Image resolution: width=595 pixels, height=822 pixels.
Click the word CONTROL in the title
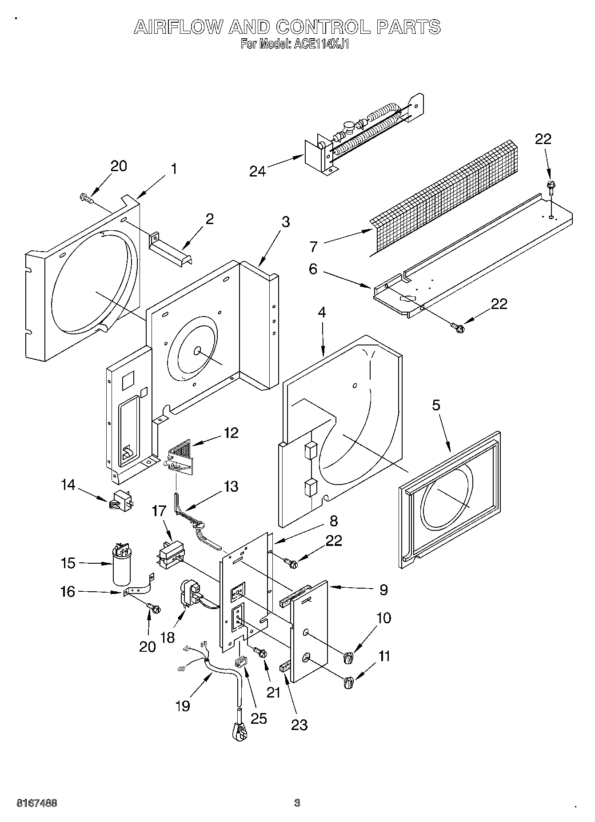pos(323,28)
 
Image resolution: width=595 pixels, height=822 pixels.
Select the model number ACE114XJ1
pos(320,44)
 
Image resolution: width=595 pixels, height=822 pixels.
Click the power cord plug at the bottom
pos(240,730)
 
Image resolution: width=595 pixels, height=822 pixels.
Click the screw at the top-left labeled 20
pos(86,198)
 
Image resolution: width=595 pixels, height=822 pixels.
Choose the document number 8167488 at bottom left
pos(36,803)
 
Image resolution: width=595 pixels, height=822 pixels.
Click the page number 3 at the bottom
pos(297,803)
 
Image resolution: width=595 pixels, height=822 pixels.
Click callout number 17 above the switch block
pos(159,512)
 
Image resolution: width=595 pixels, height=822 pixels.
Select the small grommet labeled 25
pos(240,662)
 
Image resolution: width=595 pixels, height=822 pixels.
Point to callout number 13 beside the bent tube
pos(231,486)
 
